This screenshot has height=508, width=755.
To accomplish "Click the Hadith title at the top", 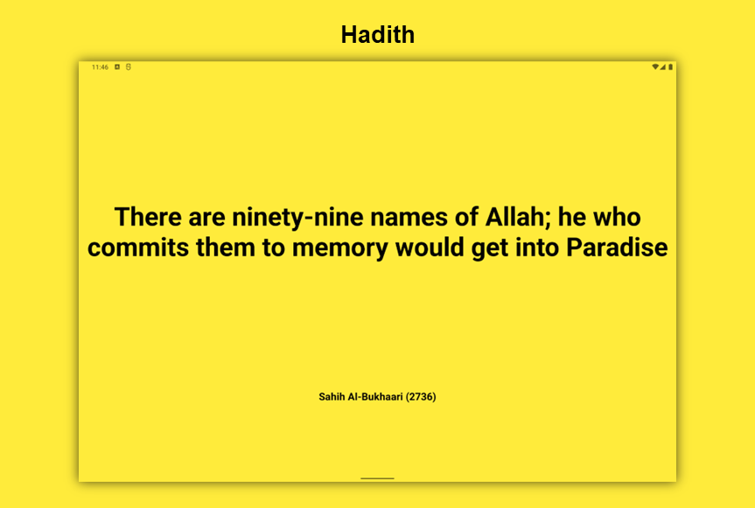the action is [378, 35].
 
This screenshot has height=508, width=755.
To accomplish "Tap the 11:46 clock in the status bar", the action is [100, 66].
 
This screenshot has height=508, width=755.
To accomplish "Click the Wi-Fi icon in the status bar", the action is [655, 66].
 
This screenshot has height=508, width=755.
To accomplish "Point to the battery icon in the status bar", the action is [670, 66].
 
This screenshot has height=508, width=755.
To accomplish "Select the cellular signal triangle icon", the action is [663, 66].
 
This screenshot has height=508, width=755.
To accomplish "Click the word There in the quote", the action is [147, 217].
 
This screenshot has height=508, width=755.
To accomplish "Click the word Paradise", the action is [617, 247].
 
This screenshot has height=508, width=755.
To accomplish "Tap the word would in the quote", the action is [430, 247].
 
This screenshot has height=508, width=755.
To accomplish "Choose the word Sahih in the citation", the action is [332, 397].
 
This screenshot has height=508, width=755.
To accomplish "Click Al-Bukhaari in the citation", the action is [374, 397].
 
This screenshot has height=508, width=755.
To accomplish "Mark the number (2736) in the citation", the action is [421, 397].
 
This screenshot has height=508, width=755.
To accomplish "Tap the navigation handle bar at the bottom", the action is [378, 478].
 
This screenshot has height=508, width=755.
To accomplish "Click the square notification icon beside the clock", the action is [117, 66].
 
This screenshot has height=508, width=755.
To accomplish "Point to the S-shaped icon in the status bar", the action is [129, 66].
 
